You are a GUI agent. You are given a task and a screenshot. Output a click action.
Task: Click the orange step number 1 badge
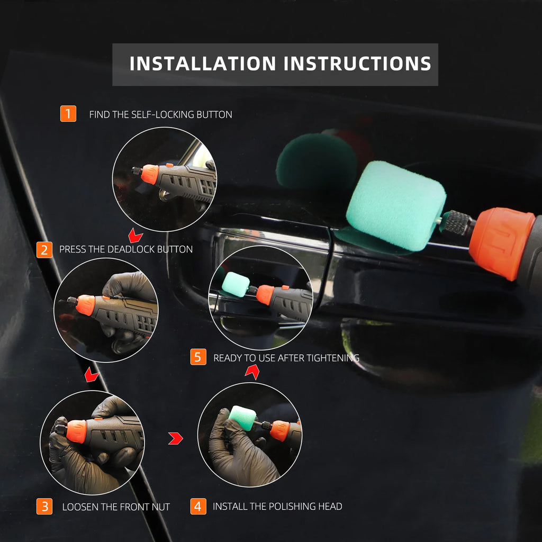pyautogui.click(x=68, y=114)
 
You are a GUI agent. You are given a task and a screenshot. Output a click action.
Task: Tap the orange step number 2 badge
pyautogui.click(x=44, y=249)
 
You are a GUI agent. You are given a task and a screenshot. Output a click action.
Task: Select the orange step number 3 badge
pyautogui.click(x=44, y=507)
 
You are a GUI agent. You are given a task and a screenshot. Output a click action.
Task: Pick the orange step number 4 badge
pyautogui.click(x=198, y=506)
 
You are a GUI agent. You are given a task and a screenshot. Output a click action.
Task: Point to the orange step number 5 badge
pyautogui.click(x=198, y=357)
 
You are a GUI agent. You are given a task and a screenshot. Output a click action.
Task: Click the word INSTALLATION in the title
pyautogui.click(x=203, y=64)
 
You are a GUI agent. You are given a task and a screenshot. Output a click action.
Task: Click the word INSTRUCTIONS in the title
pyautogui.click(x=357, y=64)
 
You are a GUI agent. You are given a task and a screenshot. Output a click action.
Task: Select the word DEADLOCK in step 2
pyautogui.click(x=128, y=249)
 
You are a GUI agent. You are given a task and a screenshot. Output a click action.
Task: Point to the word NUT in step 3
pyautogui.click(x=159, y=507)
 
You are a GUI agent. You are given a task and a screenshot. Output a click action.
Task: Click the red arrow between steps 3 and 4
pyautogui.click(x=175, y=438)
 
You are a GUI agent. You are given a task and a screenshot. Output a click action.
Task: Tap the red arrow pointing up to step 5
pyautogui.click(x=252, y=373)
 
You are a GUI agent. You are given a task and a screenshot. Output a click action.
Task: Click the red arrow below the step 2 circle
pyautogui.click(x=92, y=375)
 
